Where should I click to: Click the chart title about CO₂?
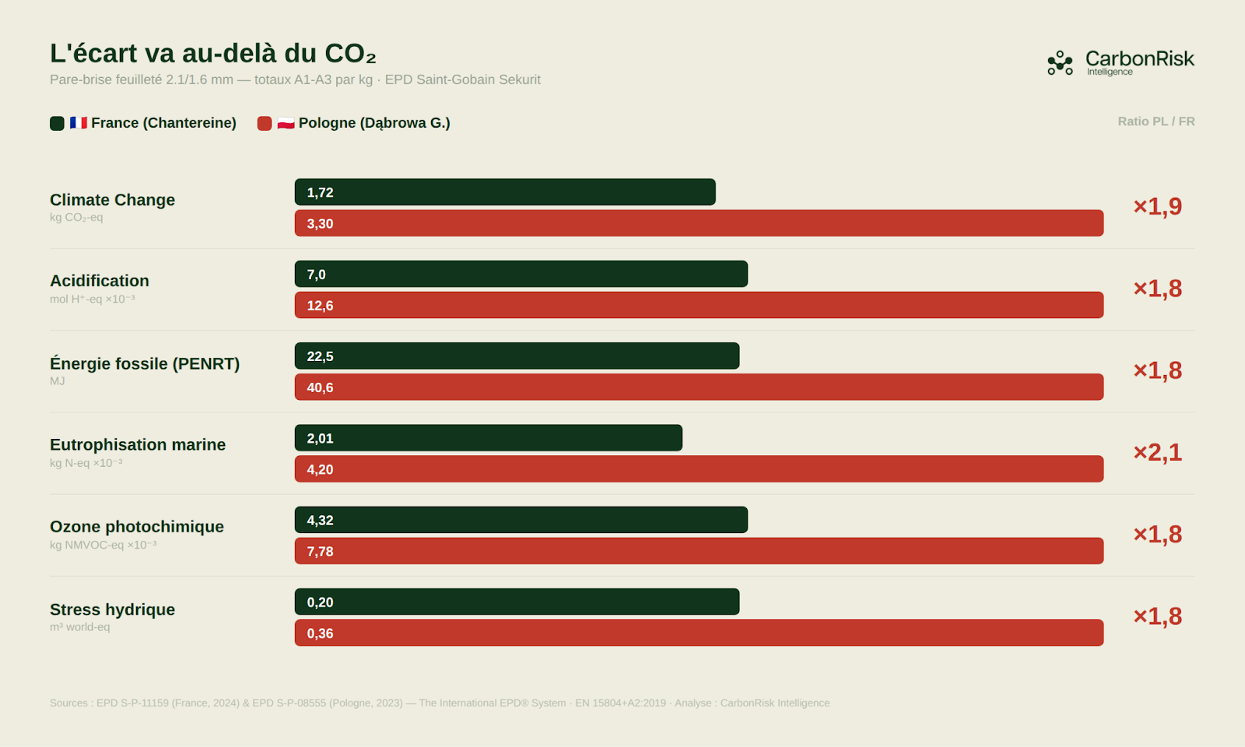point(212,53)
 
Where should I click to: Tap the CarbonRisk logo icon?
point(1060,63)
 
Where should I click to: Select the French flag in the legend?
point(78,123)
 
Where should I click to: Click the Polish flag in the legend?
point(286,123)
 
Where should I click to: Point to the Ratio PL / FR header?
point(1156,121)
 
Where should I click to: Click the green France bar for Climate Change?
point(504,192)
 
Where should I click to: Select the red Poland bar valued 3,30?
point(698,223)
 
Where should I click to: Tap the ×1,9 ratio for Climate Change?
point(1157,206)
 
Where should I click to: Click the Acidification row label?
point(100,281)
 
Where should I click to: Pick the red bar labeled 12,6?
point(698,305)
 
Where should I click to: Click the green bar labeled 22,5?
point(517,356)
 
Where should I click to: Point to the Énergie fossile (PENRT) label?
point(145,363)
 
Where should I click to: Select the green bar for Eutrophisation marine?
point(488,438)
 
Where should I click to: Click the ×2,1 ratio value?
point(1157,452)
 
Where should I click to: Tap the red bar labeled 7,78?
point(698,551)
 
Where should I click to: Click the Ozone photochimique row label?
point(137,527)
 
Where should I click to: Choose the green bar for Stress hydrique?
point(517,601)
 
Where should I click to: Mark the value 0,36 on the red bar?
point(320,633)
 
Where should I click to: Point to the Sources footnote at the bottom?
point(440,703)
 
